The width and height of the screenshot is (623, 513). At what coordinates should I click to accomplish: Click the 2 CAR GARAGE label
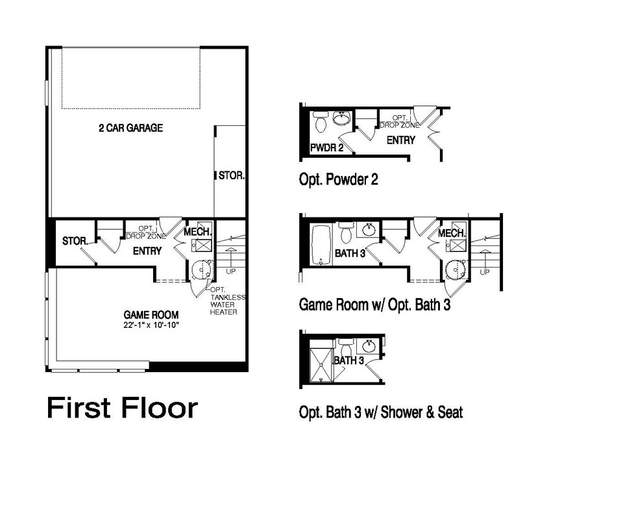(x=130, y=129)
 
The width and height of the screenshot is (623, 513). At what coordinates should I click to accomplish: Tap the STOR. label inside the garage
(x=232, y=175)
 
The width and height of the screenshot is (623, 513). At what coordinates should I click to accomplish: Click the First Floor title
(x=122, y=408)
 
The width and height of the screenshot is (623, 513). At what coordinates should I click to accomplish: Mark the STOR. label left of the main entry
(x=75, y=241)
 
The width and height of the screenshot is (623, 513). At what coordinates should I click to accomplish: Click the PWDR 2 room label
(x=322, y=148)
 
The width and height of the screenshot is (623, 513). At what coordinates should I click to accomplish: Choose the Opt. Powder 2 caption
(x=338, y=179)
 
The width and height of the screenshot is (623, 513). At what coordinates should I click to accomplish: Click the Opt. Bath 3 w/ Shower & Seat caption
(x=380, y=412)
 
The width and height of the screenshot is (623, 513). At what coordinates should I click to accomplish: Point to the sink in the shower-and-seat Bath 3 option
(x=367, y=344)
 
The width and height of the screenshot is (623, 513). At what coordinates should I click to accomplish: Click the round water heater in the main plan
(x=202, y=268)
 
